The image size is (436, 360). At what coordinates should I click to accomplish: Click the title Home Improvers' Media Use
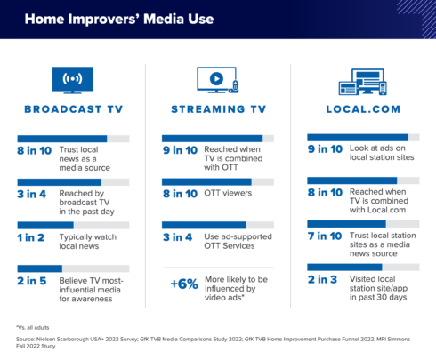click(x=119, y=19)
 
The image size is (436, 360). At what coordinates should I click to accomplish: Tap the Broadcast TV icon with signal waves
click(x=72, y=80)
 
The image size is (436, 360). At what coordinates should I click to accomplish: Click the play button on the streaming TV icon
click(x=216, y=79)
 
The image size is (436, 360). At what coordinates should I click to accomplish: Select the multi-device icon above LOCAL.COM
click(x=363, y=82)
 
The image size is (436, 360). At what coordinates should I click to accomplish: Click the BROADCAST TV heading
click(x=74, y=109)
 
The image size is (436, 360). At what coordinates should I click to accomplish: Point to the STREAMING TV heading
click(x=219, y=109)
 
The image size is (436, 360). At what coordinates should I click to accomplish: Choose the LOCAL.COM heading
click(x=363, y=109)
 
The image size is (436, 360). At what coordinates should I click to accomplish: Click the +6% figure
click(x=184, y=284)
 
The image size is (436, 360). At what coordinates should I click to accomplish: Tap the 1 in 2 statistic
click(x=30, y=237)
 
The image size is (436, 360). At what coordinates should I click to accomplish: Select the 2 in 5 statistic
click(x=32, y=281)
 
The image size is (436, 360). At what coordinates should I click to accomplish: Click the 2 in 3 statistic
click(x=322, y=279)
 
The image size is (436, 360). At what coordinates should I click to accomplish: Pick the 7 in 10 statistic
click(x=325, y=236)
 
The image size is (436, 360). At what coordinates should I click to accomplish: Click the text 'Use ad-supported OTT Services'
click(x=238, y=241)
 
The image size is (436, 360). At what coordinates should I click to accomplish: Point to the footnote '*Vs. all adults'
click(x=33, y=328)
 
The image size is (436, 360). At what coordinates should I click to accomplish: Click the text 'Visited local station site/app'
click(x=378, y=284)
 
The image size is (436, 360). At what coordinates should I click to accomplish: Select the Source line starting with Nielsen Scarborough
click(x=213, y=342)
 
